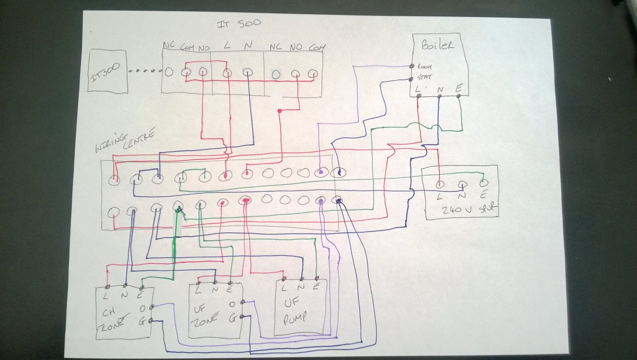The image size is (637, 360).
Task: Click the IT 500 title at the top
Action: coord(239,23)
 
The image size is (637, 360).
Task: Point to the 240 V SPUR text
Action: coord(470,209)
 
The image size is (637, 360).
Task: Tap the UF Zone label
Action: coord(205,315)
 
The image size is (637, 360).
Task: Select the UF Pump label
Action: coord(294,311)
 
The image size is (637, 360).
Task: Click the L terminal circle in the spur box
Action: coord(440,184)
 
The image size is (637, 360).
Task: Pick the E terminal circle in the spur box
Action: coord(483,183)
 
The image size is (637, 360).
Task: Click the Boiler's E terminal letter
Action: coord(458,89)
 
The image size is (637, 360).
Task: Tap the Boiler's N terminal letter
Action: coord(440,90)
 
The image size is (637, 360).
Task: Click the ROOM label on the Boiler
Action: coord(424,67)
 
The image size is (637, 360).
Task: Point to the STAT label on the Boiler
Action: coord(424,77)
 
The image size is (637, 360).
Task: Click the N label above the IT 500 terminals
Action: coord(248,46)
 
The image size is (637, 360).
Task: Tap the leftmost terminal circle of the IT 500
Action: coord(169,72)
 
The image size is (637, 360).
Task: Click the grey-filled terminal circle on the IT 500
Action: coord(276,74)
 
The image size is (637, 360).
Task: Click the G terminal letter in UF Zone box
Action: coord(233,318)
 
